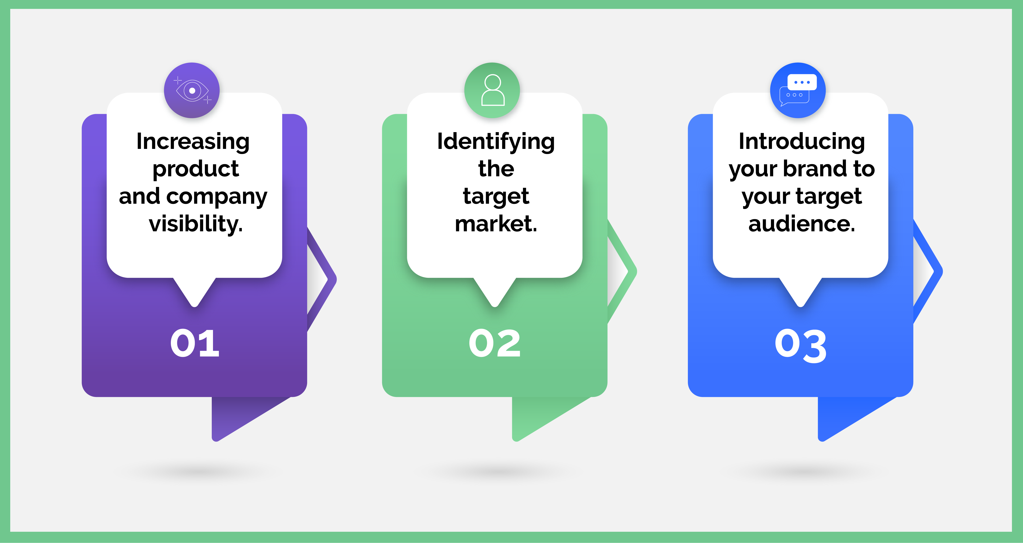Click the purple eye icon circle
pos(192,90)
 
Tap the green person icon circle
pos(492,90)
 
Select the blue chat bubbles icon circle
pos(798,90)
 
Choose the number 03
pos(801,345)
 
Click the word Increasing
pos(193,142)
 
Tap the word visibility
pos(195,224)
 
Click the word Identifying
pos(496,142)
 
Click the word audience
pos(801,224)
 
